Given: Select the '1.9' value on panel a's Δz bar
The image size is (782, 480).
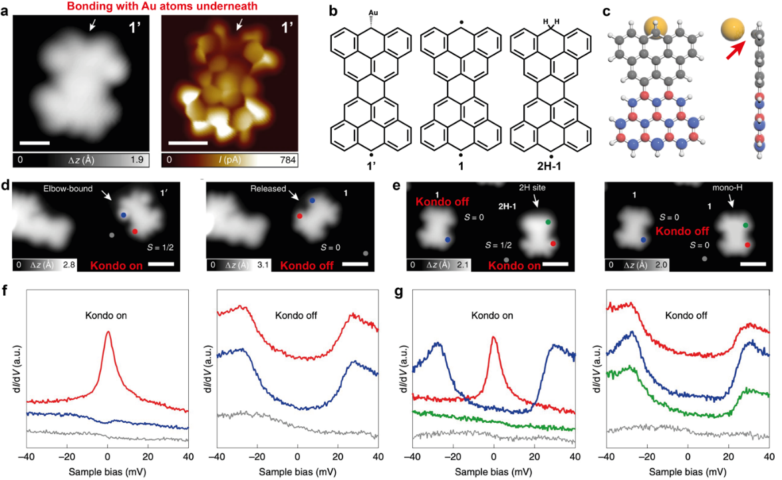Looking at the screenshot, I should pyautogui.click(x=139, y=160).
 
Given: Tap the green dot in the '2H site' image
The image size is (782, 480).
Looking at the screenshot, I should pyautogui.click(x=548, y=221).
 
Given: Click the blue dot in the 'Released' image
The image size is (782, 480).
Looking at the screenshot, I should pyautogui.click(x=312, y=199).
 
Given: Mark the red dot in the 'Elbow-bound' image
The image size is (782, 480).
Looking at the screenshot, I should pyautogui.click(x=135, y=231).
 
